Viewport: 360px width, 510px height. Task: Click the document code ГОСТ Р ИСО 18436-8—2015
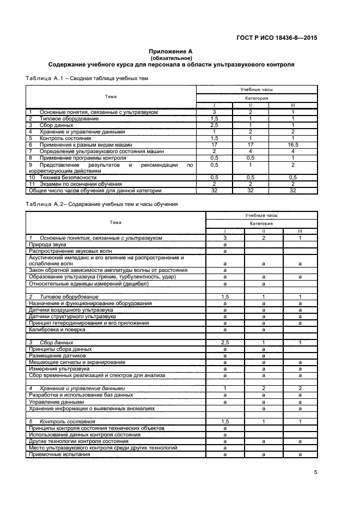coord(278,38)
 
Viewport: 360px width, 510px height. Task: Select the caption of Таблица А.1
coord(87,78)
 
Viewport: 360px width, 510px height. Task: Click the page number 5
coord(315,472)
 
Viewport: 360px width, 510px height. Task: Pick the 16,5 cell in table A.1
coord(292,145)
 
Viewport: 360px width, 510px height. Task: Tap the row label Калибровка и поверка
coord(57,330)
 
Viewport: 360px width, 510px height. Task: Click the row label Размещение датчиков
coord(56,355)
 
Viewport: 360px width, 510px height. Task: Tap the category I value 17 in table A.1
coord(214,145)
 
